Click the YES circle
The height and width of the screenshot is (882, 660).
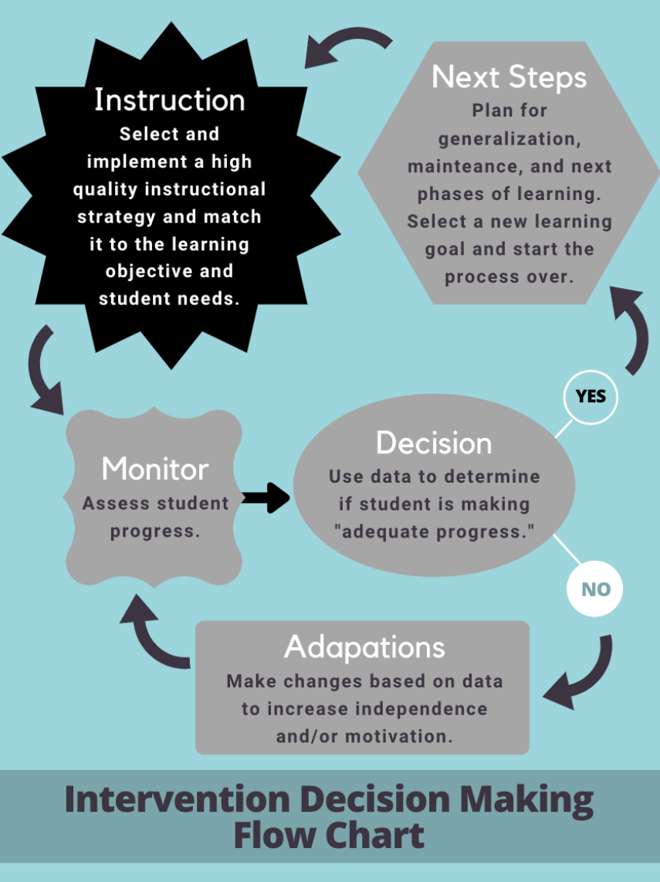click(591, 396)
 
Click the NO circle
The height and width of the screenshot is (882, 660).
click(595, 589)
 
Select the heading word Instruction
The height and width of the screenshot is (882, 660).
click(170, 100)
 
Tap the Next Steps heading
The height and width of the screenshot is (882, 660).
click(509, 76)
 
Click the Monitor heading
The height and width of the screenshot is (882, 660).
click(155, 469)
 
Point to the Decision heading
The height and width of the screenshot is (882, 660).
click(434, 443)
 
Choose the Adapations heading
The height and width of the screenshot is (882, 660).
click(364, 646)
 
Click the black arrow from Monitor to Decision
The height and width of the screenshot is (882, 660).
click(265, 498)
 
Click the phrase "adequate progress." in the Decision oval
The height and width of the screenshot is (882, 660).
click(434, 532)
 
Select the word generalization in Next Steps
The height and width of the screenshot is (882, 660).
click(509, 139)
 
